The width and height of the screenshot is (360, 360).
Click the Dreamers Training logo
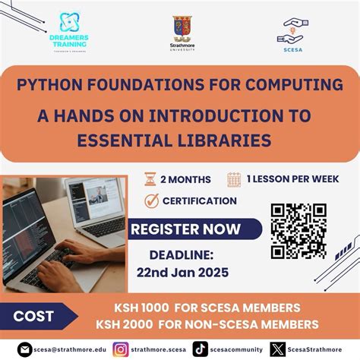(68, 30)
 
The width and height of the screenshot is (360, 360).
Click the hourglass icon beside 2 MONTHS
(150, 179)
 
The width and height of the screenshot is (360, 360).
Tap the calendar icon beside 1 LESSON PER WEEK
(234, 179)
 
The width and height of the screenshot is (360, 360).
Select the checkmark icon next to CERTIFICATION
(150, 201)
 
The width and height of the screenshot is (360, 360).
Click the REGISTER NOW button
(185, 229)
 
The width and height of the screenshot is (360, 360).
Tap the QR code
(298, 230)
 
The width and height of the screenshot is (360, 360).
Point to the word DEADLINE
(182, 257)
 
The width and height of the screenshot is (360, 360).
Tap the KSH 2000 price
(129, 323)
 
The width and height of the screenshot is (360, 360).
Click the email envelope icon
(25, 349)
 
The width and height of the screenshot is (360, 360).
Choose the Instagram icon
(120, 349)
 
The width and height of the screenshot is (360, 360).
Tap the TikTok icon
(200, 349)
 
